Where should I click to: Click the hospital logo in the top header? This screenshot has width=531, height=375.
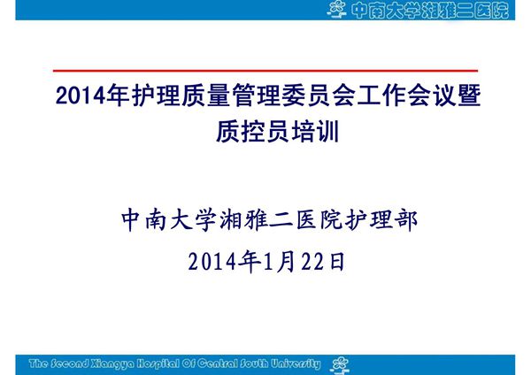337,11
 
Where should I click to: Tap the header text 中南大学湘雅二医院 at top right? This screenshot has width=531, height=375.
430,11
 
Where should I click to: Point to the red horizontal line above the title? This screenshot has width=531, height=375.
265,70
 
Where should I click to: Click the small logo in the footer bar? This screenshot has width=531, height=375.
339,363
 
